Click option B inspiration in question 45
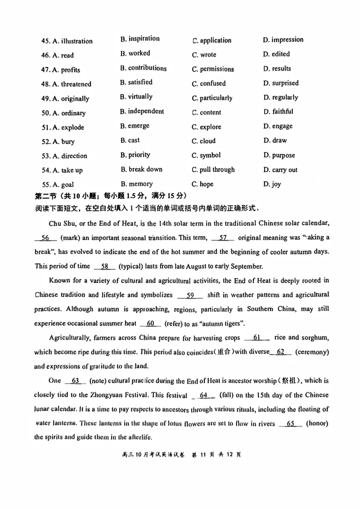click(x=139, y=39)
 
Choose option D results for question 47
click(x=277, y=69)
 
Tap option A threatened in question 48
click(x=72, y=84)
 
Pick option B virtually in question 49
click(x=136, y=97)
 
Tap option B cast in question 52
click(x=130, y=140)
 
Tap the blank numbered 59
click(x=190, y=295)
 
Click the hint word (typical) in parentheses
click(x=136, y=266)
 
